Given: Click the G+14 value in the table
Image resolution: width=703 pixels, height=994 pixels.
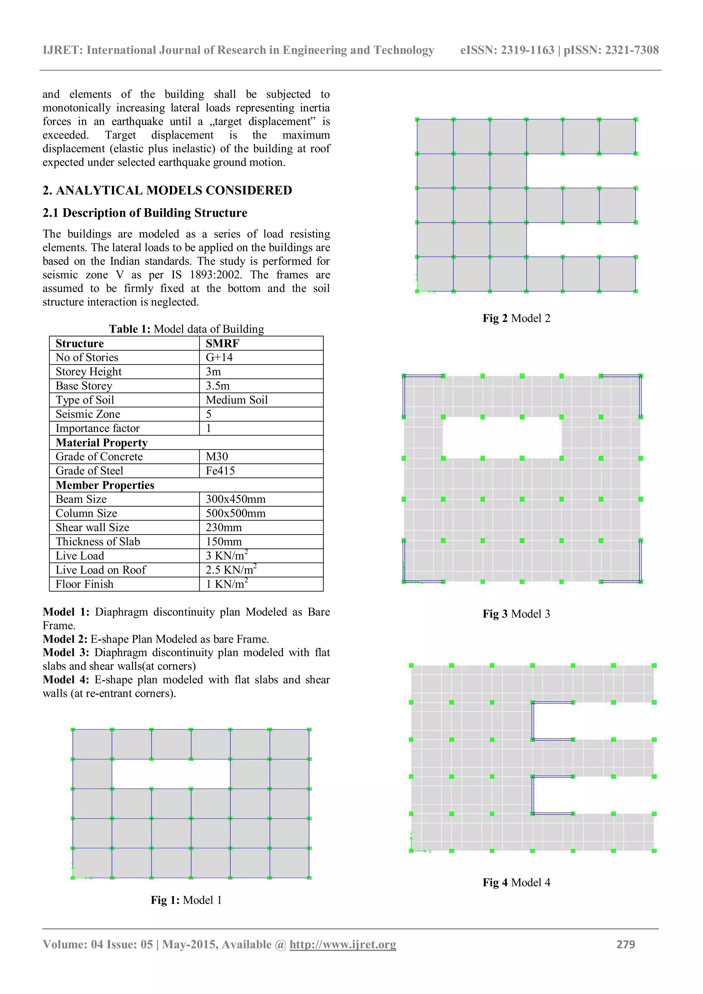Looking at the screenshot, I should point(219,358).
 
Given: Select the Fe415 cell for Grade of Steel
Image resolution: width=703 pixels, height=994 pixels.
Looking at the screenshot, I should point(220,471).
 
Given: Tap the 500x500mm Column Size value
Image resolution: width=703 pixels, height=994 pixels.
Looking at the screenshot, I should point(235,513).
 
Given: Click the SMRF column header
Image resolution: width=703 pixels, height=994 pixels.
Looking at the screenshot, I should point(222,343).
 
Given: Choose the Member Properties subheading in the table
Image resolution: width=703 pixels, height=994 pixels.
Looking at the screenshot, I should point(105,485).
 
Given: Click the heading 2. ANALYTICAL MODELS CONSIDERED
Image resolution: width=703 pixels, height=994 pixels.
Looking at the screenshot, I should point(167,190).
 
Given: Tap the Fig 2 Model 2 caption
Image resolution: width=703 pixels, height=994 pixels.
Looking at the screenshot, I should point(516,319).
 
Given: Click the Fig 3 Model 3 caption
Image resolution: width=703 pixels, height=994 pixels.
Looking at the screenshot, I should point(516,614).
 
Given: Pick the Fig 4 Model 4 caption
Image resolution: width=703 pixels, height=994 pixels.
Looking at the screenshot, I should point(516,882).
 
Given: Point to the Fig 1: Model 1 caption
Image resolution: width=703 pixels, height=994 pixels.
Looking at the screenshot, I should point(186,900).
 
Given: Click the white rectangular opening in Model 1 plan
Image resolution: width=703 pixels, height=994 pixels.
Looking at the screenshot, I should point(171,774).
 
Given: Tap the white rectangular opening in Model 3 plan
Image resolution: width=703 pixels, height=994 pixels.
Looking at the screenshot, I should point(502,437).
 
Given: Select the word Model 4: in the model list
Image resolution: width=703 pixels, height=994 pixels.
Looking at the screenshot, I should point(66,680).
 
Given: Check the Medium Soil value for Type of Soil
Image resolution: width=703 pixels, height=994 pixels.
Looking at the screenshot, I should point(237,400).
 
